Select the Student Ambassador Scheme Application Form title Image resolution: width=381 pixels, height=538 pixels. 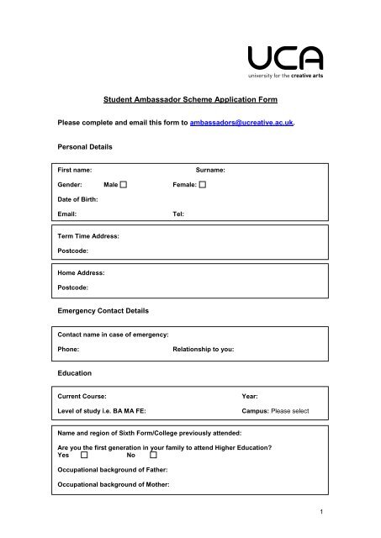point(190,100)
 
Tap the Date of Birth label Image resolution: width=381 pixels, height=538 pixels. point(77,199)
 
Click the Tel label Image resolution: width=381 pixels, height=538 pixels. point(177,214)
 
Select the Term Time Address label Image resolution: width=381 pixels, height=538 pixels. point(87,237)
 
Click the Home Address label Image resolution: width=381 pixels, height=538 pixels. point(80,272)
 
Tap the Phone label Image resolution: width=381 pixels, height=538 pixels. point(68,347)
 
